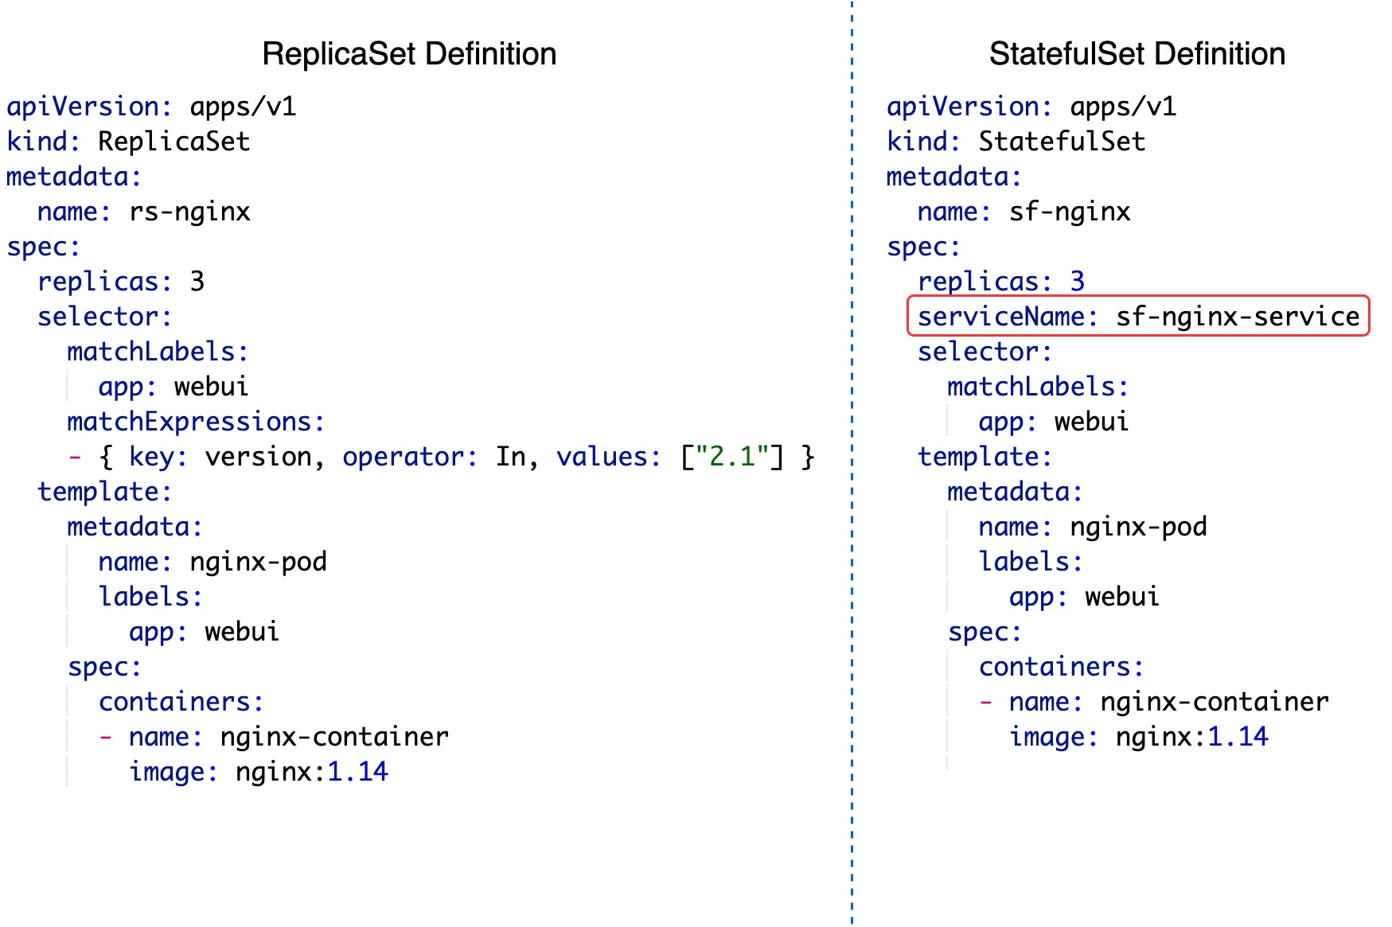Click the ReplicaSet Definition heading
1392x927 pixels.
coord(409,54)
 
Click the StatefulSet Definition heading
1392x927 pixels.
coord(1137,54)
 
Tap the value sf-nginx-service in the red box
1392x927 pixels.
coord(1237,317)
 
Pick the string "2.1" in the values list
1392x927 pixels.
coord(731,457)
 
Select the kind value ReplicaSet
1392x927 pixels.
coord(174,142)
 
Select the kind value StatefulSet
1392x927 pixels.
coord(1062,142)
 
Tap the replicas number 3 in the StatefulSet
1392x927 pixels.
coord(1077,282)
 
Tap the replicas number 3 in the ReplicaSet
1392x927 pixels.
coord(197,282)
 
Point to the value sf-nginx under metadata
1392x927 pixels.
coord(1070,212)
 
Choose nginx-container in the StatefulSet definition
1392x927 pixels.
coord(1214,702)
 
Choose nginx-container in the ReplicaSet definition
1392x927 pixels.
coord(334,737)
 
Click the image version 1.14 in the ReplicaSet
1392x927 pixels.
coord(357,772)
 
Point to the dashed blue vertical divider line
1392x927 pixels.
coord(852,477)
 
